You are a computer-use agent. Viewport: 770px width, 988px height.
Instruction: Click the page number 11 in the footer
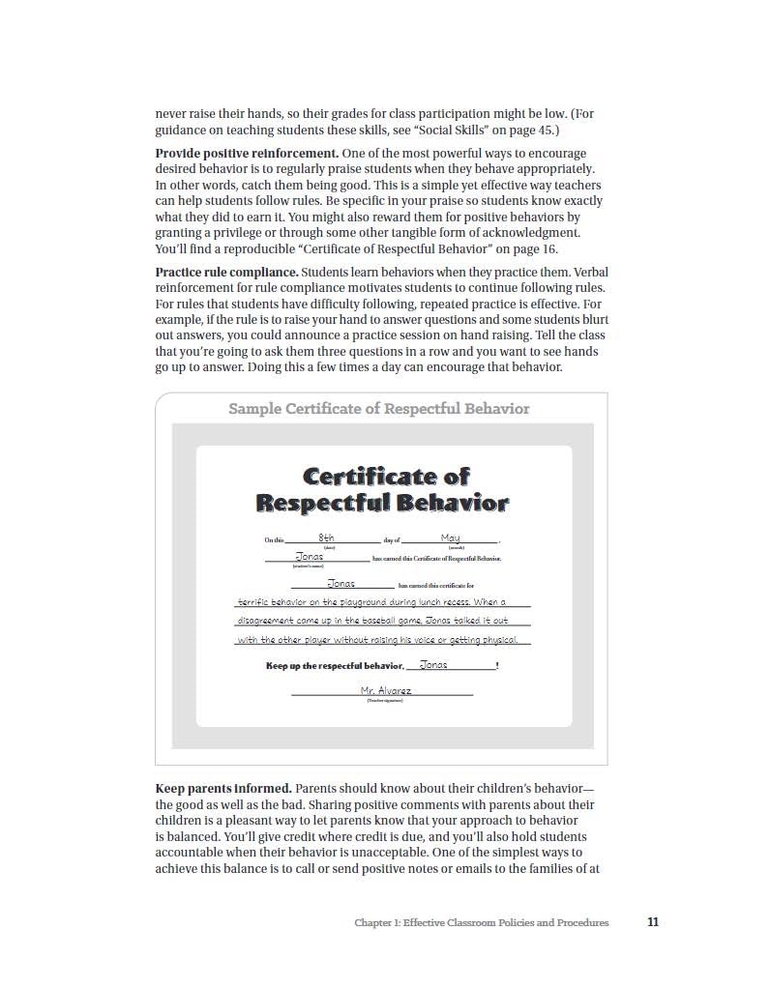point(653,922)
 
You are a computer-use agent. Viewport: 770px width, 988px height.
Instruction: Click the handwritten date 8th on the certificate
point(326,538)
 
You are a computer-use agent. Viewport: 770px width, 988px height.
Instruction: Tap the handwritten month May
point(450,538)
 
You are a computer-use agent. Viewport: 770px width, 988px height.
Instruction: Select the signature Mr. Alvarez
point(386,690)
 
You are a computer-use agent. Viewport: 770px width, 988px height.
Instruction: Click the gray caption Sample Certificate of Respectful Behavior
point(379,408)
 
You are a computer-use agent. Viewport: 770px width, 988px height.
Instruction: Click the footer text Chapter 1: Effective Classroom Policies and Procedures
point(482,923)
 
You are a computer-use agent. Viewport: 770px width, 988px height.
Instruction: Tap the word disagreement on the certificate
point(266,621)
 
